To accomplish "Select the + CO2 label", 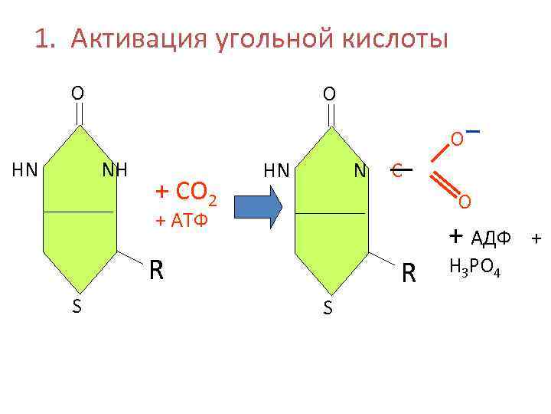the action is pyautogui.click(x=187, y=190).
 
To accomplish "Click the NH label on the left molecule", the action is pyautogui.click(x=114, y=169).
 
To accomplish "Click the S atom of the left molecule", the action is pyautogui.click(x=76, y=307).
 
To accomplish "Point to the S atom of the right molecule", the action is pyautogui.click(x=328, y=308).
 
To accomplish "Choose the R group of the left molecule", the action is pyautogui.click(x=156, y=269).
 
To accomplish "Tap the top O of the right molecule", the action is pyautogui.click(x=328, y=94).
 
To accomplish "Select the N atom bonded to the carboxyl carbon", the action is pyautogui.click(x=360, y=169).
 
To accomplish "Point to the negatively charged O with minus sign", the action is pyautogui.click(x=456, y=140).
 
